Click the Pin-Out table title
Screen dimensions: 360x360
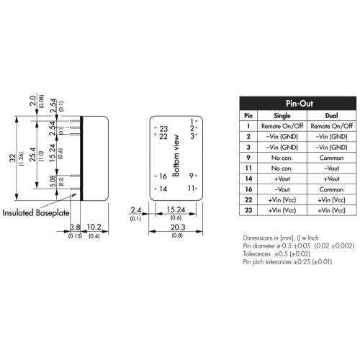tap(300, 104)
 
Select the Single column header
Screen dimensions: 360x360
tap(282, 116)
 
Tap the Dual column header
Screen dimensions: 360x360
tap(331, 116)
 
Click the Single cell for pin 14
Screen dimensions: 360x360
tap(282, 179)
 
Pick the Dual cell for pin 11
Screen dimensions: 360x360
tap(331, 168)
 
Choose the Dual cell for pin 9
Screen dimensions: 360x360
tap(331, 158)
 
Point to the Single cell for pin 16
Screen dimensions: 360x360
tap(282, 189)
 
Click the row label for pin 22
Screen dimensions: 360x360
tap(248, 199)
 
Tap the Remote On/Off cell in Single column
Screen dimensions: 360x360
tap(282, 126)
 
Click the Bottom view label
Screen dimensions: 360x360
tap(176, 156)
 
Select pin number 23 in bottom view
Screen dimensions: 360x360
tap(163, 129)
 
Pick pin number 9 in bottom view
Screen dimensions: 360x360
tap(191, 176)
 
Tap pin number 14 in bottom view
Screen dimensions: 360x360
tap(163, 189)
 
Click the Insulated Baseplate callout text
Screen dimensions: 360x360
tap(36, 213)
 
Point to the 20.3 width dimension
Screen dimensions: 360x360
tap(178, 228)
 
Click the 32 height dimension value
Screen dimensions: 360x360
tap(12, 158)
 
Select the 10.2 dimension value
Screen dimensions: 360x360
tap(94, 227)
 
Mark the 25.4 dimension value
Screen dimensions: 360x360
tap(32, 154)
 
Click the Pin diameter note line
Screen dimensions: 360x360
tap(298, 246)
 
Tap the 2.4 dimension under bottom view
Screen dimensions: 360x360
tap(136, 210)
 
